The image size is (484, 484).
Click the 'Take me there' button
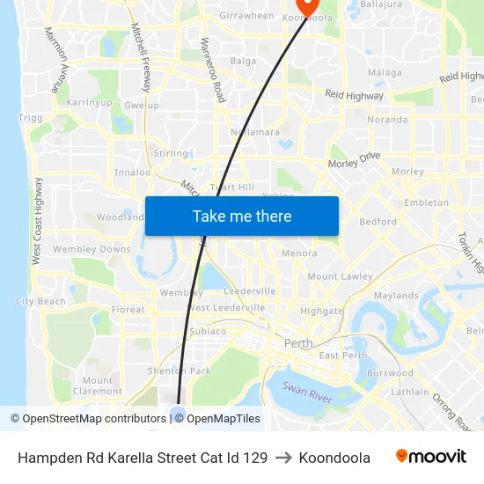click(242, 216)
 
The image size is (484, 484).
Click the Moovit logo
click(431, 457)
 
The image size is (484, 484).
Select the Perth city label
click(298, 343)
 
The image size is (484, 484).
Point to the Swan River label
click(307, 389)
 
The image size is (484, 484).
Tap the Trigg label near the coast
click(30, 118)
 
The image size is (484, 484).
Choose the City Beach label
click(40, 302)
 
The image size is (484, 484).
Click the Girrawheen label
click(246, 16)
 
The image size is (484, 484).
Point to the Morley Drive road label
click(354, 159)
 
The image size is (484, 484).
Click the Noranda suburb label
click(387, 120)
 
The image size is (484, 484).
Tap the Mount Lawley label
click(341, 276)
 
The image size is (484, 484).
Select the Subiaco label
click(207, 332)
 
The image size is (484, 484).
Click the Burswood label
click(391, 373)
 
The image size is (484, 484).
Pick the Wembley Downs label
click(92, 250)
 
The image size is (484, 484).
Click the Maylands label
click(395, 296)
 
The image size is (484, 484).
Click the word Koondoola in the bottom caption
click(334, 458)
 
